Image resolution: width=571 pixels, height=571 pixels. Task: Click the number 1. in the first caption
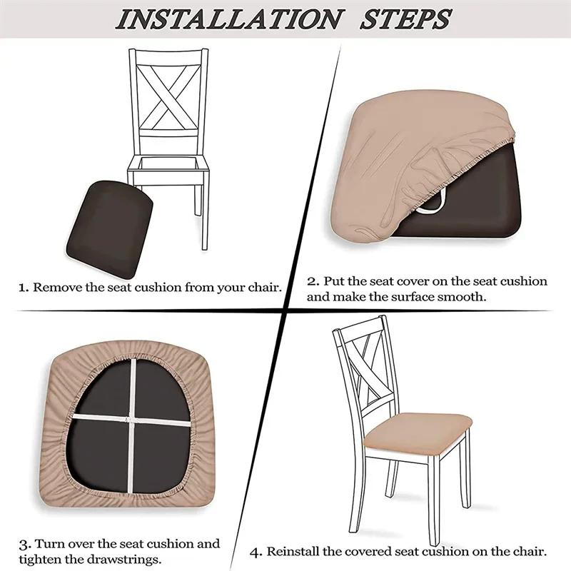pos(23,288)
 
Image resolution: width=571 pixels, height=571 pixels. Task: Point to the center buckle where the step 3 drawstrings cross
pos(130,415)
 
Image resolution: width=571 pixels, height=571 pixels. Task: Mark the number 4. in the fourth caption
pos(256,552)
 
